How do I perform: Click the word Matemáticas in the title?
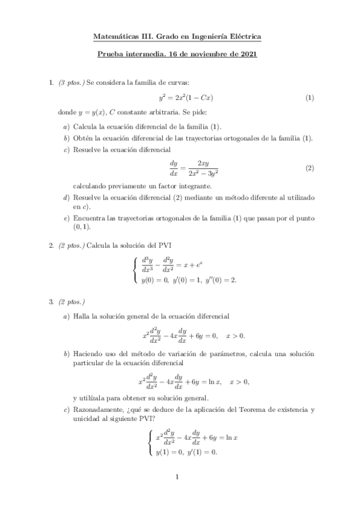[115, 37]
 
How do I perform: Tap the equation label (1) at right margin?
[310, 97]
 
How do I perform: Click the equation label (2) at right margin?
[310, 168]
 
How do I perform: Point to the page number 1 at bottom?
[178, 478]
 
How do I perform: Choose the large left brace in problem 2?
[134, 269]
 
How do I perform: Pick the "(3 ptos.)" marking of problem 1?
[72, 82]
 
